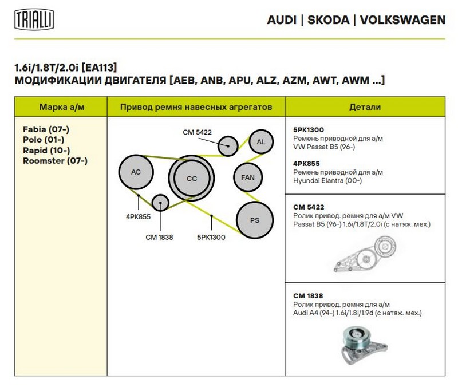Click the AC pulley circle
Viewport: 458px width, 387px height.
pyautogui.click(x=136, y=172)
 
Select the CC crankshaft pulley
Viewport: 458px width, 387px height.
pyautogui.click(x=191, y=179)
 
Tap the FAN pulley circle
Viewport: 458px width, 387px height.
pyautogui.click(x=248, y=177)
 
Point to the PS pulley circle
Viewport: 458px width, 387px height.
pyautogui.click(x=254, y=220)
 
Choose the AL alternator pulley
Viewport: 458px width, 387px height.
pyautogui.click(x=260, y=142)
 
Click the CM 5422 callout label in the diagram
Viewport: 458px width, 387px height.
pyautogui.click(x=197, y=132)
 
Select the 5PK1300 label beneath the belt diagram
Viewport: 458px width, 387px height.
pyautogui.click(x=211, y=236)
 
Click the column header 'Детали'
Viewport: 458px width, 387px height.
pyautogui.click(x=365, y=107)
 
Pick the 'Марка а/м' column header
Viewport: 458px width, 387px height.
pyautogui.click(x=60, y=107)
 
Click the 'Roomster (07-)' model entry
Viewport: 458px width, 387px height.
pyautogui.click(x=55, y=161)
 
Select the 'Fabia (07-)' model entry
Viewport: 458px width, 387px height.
pyautogui.click(x=46, y=130)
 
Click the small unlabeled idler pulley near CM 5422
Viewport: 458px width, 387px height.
pyautogui.click(x=228, y=145)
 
